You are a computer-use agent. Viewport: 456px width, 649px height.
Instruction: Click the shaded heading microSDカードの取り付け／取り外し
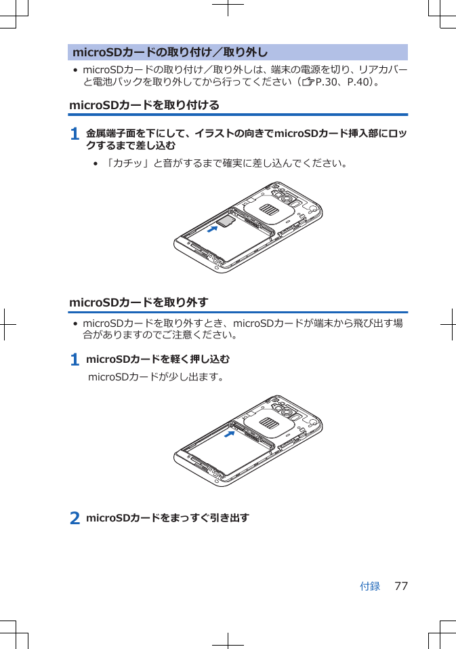169,53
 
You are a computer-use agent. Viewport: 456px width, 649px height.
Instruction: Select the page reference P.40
358,83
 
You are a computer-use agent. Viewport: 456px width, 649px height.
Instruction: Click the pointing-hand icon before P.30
308,83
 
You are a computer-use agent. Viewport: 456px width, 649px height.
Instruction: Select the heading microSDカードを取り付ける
144,106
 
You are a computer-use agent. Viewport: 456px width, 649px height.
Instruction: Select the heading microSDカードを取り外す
139,302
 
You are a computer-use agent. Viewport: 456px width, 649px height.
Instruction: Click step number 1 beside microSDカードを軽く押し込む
75,359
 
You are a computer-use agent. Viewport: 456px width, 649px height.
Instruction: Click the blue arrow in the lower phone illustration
232,435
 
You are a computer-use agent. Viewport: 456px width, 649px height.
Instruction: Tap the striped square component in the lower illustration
269,424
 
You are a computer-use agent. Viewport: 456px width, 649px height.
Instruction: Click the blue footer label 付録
369,586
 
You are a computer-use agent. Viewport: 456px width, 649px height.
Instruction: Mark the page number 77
401,586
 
